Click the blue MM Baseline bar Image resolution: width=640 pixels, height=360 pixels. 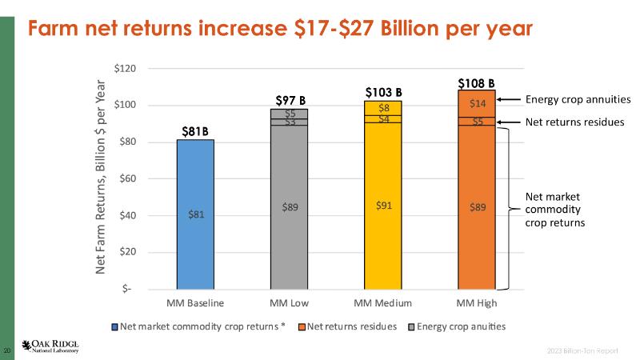[195, 214]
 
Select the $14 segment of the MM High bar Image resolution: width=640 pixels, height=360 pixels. [477, 103]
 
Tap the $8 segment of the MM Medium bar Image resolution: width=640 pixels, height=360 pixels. [384, 108]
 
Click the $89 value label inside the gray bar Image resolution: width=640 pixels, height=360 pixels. [290, 206]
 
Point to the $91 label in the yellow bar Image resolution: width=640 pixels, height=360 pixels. [384, 205]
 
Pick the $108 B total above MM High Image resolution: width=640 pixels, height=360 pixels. [476, 82]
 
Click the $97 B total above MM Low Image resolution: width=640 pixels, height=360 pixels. [290, 100]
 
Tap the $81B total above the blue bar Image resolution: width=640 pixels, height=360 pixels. [194, 130]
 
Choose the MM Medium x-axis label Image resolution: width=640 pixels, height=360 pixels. [383, 303]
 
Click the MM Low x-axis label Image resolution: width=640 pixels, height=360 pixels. [290, 303]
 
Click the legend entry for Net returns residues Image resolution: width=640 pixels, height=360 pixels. [352, 326]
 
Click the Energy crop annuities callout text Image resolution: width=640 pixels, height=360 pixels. [578, 100]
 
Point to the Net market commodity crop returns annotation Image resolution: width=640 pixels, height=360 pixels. [555, 209]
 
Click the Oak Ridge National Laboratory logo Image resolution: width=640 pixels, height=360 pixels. [50, 346]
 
